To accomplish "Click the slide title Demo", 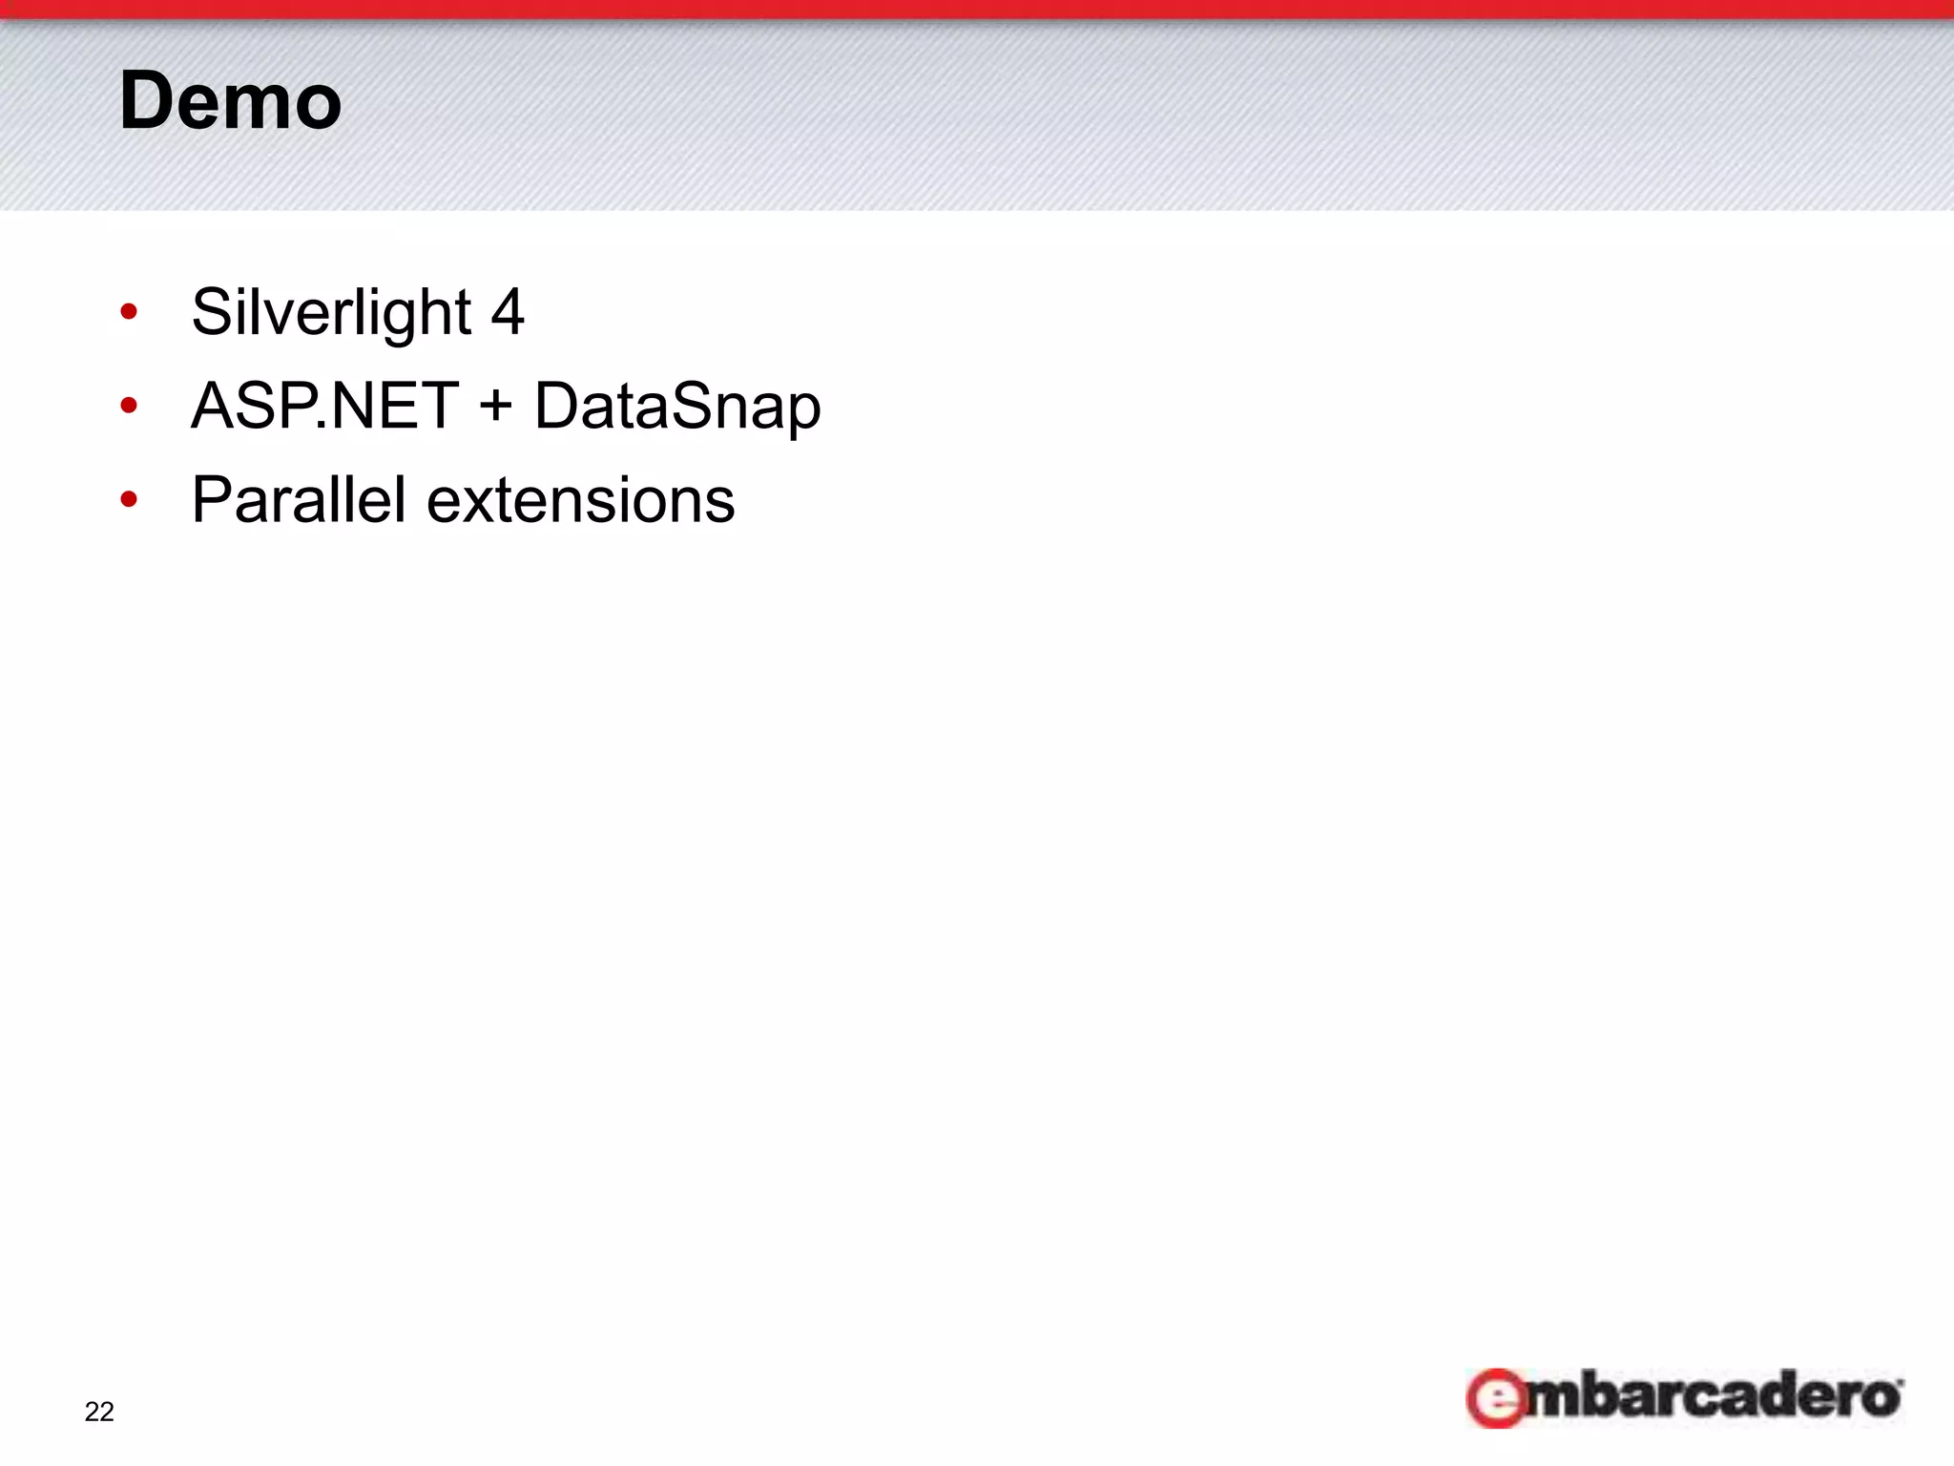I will point(230,101).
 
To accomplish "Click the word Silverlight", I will point(331,312).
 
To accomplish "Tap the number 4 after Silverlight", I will point(507,312).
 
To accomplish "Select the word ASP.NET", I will point(325,406).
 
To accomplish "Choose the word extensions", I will point(580,501).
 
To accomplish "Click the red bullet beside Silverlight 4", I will point(130,312).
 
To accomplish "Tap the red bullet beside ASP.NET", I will point(130,407).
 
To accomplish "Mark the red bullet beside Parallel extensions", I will point(130,499).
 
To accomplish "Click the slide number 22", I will point(99,1412).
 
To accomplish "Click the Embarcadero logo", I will point(1684,1398).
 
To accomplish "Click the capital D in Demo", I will point(147,101).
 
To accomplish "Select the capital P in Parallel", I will point(212,499).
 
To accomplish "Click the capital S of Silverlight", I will point(212,312).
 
